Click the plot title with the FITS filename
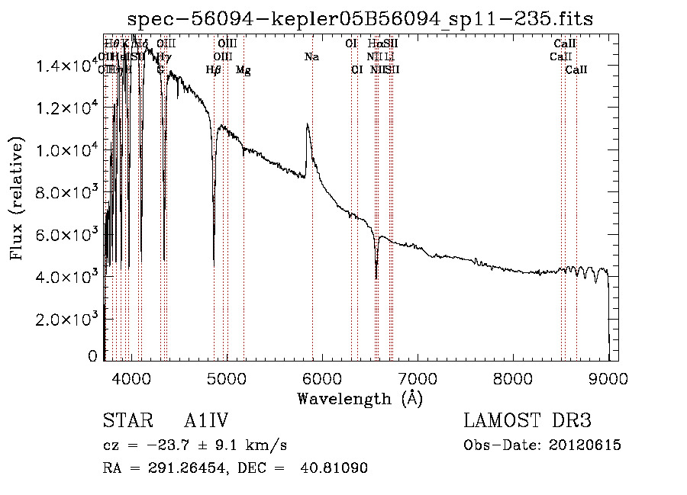[360, 19]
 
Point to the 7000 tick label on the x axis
[418, 378]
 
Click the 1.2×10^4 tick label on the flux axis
[66, 108]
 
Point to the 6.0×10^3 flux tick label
[66, 234]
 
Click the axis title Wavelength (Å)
[360, 398]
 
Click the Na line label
[311, 56]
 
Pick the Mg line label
[244, 70]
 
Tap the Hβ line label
[214, 70]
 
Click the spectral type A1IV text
[207, 422]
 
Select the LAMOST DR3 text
[527, 422]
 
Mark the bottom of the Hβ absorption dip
[214, 265]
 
